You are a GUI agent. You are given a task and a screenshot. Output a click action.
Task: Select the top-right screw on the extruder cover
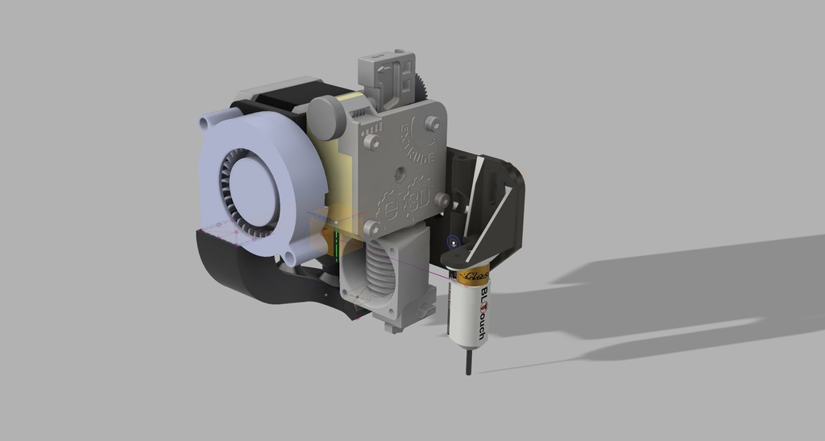[x=433, y=122]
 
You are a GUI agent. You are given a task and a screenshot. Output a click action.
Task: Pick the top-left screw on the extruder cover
[x=371, y=142]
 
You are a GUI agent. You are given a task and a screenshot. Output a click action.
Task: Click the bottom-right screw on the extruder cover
[x=441, y=200]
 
